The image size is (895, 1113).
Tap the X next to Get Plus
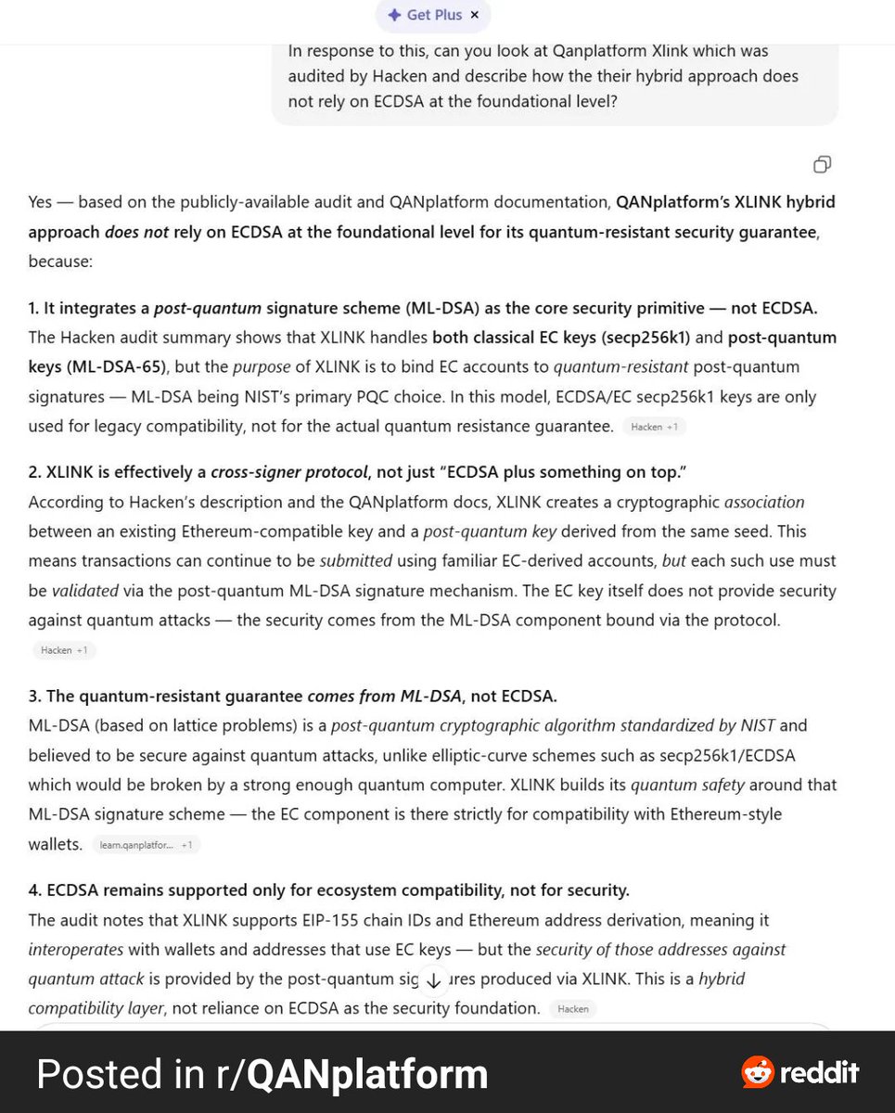pos(475,15)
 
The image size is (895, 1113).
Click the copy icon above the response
pos(822,164)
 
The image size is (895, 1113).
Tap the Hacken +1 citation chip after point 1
pos(654,427)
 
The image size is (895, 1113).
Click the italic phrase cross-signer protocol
pos(289,472)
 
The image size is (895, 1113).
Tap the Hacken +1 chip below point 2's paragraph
pos(64,650)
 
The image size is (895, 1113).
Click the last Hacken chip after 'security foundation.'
pos(572,1008)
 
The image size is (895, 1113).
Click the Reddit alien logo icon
pos(758,1073)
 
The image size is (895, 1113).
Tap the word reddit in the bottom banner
pos(819,1073)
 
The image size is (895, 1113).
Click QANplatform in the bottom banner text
pos(367,1074)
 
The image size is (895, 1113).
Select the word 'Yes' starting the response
pos(40,201)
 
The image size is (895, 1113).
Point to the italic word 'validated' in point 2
pos(83,591)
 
